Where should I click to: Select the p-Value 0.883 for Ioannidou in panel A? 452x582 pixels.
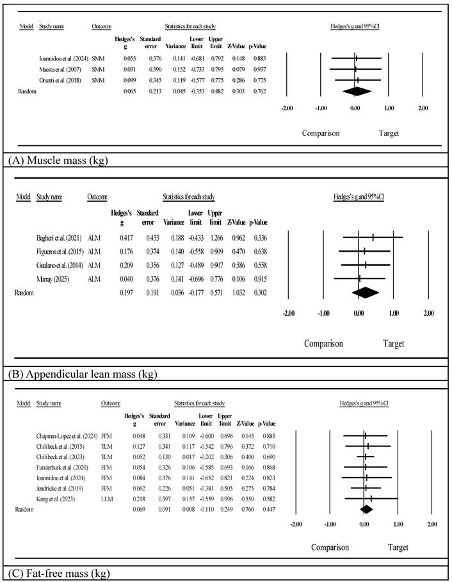(258, 58)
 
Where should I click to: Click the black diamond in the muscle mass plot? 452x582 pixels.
(357, 91)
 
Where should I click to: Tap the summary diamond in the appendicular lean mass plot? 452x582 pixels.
(366, 292)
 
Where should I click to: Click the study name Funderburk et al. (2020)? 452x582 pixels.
(67, 468)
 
